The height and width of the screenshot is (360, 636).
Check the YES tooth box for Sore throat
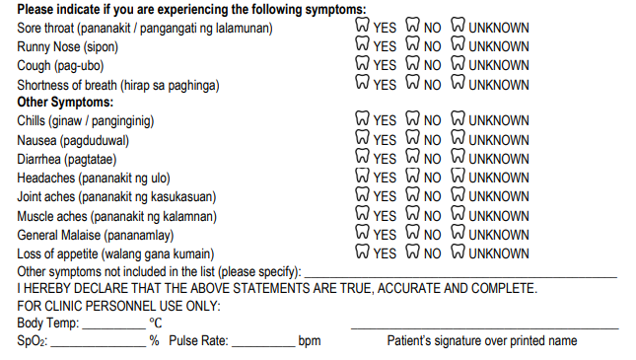point(362,25)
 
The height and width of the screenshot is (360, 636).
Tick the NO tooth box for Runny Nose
point(412,43)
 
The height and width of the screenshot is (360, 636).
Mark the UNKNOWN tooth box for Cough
point(458,62)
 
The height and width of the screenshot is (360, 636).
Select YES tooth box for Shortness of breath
point(362,82)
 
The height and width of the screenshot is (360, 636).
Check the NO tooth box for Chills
point(412,118)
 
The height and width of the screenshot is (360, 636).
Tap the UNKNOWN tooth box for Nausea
point(458,137)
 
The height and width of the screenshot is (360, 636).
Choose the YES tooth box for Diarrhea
point(362,156)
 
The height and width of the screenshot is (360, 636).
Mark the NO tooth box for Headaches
point(412,175)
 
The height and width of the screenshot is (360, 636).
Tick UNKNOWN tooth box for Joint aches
point(458,194)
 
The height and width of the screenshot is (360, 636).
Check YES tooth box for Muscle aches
point(362,213)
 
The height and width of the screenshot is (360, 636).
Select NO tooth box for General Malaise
point(412,232)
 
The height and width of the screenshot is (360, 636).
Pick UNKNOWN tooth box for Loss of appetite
point(458,252)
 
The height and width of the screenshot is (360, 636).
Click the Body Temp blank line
point(114,328)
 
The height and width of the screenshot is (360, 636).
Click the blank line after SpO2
point(99,346)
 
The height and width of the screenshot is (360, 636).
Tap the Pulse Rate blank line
point(263,346)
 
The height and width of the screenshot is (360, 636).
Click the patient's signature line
point(485,326)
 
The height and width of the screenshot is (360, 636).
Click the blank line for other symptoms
point(460,277)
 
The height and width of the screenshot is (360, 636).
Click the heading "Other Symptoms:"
point(65,103)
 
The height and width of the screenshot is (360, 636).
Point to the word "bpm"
point(310,341)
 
